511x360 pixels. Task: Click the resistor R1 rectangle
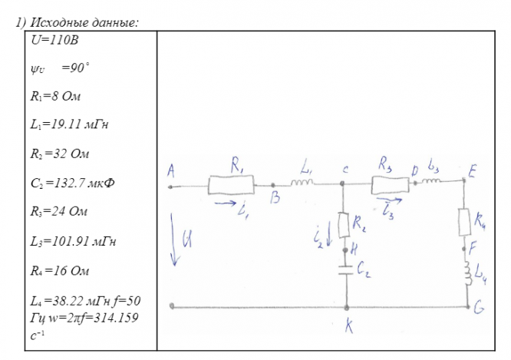coord(232,184)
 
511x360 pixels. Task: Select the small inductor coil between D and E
coord(430,182)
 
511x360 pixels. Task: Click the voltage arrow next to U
coord(174,243)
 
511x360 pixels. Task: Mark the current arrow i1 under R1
coord(228,203)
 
